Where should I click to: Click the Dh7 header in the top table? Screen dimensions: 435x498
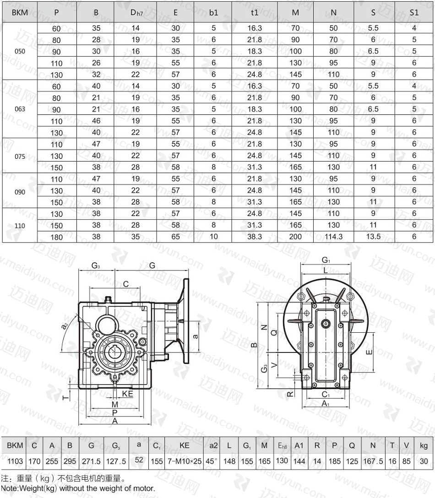(136, 13)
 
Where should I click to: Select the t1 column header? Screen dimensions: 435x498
(255, 12)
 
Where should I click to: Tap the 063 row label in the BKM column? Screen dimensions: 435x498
(20, 109)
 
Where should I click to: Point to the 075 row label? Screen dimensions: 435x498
(20, 156)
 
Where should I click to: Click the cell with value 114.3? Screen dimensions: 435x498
(334, 237)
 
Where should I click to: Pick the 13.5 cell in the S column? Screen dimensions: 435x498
(373, 237)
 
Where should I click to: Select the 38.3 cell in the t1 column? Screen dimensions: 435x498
(255, 237)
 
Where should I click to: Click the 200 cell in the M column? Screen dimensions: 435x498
(295, 237)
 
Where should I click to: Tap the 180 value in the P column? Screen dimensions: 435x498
(57, 237)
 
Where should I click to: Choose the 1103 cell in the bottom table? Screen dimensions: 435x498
(15, 461)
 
